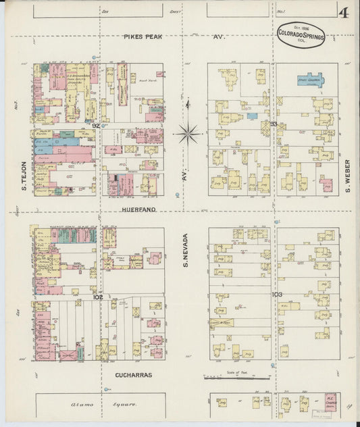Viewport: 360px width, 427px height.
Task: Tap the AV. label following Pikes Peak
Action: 218,36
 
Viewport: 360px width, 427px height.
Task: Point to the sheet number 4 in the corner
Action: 344,12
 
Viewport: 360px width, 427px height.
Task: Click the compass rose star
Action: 188,132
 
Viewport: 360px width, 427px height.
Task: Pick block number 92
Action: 96,125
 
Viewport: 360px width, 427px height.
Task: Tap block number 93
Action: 274,124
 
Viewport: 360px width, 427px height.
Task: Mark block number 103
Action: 276,295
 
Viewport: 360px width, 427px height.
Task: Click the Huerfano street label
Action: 140,210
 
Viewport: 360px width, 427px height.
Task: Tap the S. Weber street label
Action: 347,176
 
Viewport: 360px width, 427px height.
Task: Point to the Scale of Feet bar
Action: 232,376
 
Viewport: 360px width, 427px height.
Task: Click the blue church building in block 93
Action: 310,80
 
